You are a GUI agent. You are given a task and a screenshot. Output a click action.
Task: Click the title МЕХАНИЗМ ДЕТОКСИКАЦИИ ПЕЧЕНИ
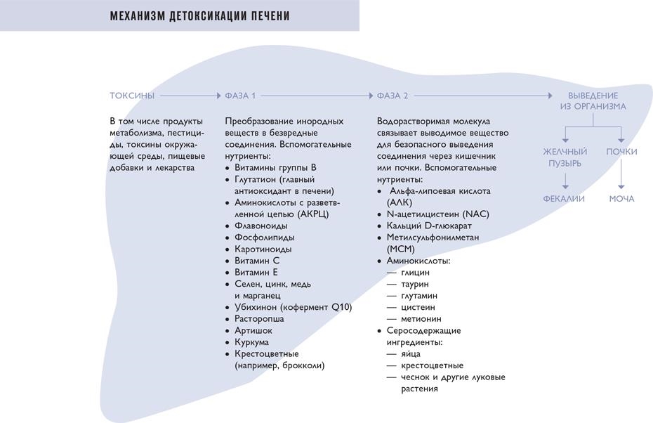pos(199,15)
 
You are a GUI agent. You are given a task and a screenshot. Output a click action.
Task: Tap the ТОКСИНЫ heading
pos(132,96)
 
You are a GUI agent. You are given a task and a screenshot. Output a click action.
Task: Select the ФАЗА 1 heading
pos(240,96)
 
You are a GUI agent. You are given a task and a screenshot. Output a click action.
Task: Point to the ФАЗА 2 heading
pos(392,96)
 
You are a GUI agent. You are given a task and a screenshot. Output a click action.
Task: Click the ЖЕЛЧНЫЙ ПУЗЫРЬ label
pos(565,157)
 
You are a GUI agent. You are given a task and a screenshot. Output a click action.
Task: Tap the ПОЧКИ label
pos(621,152)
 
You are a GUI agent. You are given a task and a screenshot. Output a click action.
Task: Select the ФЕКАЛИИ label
pos(564,199)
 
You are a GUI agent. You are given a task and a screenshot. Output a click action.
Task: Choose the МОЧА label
pos(621,199)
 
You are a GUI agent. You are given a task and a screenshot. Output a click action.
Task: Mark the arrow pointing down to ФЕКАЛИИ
pos(565,182)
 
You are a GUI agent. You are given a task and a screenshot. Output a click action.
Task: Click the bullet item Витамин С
pos(256,261)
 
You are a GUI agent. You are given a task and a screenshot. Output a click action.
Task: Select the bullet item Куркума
pos(251,342)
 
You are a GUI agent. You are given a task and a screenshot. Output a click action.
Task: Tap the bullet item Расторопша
pos(259,319)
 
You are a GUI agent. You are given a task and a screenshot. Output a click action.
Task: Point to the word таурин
pos(415,284)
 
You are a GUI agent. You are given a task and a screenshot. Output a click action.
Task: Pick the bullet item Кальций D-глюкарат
pos(428,226)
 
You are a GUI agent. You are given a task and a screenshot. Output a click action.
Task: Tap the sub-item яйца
pos(411,354)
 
